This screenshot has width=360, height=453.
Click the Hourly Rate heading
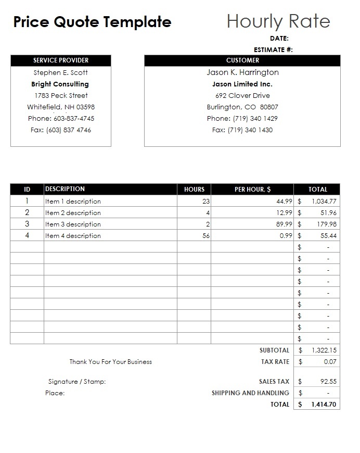[278, 21]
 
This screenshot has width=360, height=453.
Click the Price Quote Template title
[92, 22]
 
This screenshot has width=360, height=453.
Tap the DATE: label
[279, 39]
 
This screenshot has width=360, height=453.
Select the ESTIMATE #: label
[273, 50]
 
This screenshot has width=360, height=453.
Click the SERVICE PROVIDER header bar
[61, 60]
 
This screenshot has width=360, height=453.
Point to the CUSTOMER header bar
[242, 60]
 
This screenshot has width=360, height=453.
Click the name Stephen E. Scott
[61, 73]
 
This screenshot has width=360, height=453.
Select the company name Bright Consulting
[60, 84]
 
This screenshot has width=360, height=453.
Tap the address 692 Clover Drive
[242, 96]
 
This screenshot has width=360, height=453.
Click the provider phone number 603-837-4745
[74, 119]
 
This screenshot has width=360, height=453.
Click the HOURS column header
[194, 190]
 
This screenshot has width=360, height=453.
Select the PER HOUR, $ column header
[252, 190]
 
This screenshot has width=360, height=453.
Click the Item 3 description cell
[73, 224]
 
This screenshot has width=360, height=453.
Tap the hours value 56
[206, 236]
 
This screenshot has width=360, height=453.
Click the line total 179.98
[326, 224]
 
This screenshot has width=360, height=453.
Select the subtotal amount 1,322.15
[324, 350]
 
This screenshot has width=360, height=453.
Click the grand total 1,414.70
[324, 405]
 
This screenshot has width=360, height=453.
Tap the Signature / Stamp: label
[77, 382]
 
